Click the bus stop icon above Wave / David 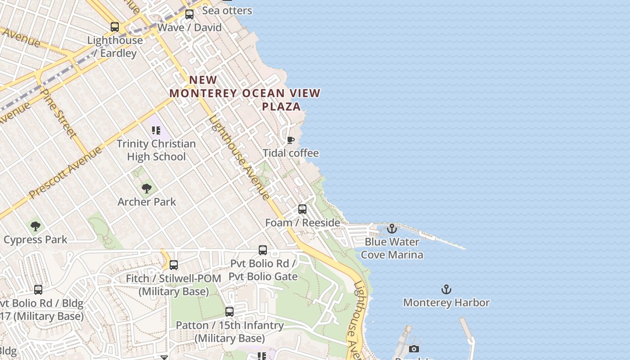click(189, 14)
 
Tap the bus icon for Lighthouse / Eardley click(115, 27)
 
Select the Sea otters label click(227, 10)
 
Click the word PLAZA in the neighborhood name click(281, 107)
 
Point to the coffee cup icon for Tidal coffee click(291, 140)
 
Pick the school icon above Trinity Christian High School click(156, 130)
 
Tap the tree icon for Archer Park click(146, 189)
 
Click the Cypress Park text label click(36, 240)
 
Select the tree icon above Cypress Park click(36, 226)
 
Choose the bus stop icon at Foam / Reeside click(302, 209)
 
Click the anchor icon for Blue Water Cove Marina click(392, 229)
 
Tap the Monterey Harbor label click(446, 302)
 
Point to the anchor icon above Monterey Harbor click(446, 289)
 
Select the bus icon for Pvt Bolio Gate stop click(263, 250)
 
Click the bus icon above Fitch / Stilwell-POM click(174, 265)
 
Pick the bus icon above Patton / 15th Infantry click(229, 311)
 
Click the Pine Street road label click(58, 112)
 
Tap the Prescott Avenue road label click(66, 173)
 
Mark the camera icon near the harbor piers click(414, 349)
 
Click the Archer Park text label click(147, 202)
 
